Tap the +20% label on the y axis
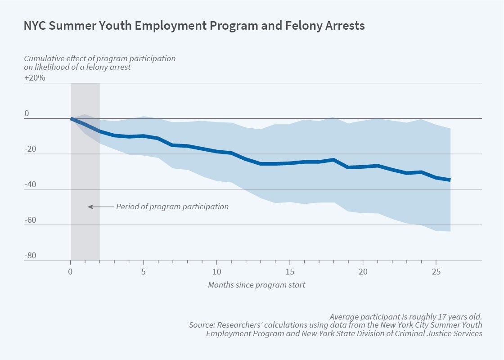coord(35,77)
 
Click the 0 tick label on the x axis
coord(70,272)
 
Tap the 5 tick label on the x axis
coord(144,272)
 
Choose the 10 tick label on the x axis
coord(216,272)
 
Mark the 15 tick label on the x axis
coord(289,272)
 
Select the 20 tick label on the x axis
coord(362,272)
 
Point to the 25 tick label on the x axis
coord(436,272)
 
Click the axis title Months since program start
coord(256,285)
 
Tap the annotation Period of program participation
coord(172,207)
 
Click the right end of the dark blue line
coord(450,180)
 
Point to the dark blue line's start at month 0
coord(71,119)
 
